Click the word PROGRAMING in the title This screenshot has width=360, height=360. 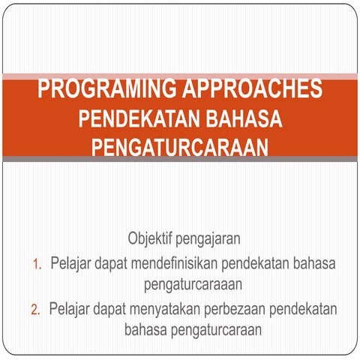click(x=104, y=90)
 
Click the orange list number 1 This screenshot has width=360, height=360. click(x=37, y=265)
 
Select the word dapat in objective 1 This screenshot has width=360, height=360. click(x=114, y=264)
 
